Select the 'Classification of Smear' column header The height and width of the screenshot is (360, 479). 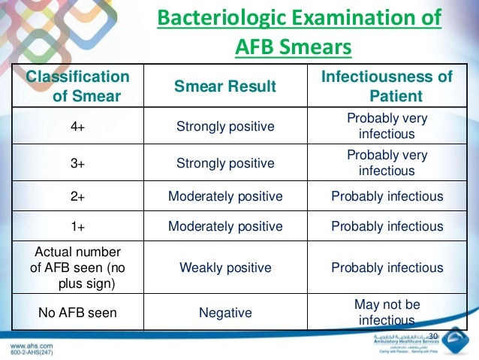point(78,86)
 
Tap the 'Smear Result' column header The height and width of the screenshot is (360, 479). point(224,86)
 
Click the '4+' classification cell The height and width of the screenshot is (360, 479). point(77,126)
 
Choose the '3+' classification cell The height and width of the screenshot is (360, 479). point(77,163)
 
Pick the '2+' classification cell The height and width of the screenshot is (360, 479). point(77,197)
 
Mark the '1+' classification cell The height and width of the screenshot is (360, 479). point(77,226)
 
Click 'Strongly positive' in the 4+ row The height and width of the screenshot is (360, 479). point(224,126)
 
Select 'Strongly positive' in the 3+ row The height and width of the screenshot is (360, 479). point(224,163)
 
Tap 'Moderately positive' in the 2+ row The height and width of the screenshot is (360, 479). point(224,197)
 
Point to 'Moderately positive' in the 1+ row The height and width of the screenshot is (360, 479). point(224,226)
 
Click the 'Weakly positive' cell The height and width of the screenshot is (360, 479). point(224,268)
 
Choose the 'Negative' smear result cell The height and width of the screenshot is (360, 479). point(224,312)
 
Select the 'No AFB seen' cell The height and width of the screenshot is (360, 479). point(77,312)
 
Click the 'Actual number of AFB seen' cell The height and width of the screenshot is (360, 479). point(77,268)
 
